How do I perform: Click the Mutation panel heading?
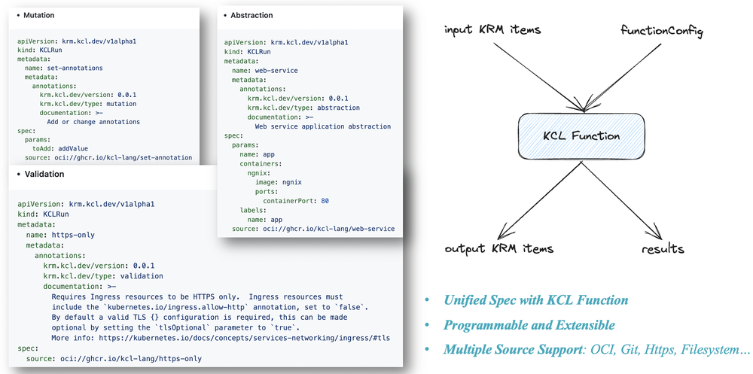pyautogui.click(x=38, y=15)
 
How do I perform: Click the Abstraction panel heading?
pyautogui.click(x=252, y=15)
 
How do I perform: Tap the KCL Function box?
pyautogui.click(x=581, y=136)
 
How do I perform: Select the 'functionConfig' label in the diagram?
pyautogui.click(x=661, y=30)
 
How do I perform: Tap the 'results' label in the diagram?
pyautogui.click(x=663, y=249)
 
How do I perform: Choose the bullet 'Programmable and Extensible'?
pyautogui.click(x=529, y=326)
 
